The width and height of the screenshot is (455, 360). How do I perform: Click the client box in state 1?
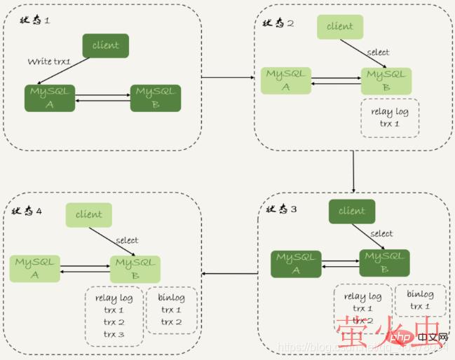pos(106,46)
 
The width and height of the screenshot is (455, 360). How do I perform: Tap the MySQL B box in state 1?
pos(156,98)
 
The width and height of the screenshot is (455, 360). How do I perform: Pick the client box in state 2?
pos(340,27)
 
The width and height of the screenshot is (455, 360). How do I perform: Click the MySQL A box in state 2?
pos(286,81)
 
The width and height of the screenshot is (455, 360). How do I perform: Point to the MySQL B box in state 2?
pos(386,81)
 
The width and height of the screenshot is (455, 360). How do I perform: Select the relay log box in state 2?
pos(390,117)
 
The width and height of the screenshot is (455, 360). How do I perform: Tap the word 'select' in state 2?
pos(378,52)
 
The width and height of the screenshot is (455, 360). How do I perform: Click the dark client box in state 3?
pos(352,211)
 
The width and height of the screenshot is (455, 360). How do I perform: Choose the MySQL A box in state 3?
pos(296,263)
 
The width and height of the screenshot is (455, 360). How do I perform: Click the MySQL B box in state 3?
pos(385,263)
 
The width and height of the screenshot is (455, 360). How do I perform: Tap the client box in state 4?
pos(89,215)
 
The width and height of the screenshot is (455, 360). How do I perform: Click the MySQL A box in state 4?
pos(35,269)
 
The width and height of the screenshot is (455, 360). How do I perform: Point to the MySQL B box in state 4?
pos(135,269)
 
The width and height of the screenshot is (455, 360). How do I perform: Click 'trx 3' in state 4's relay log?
pos(114,333)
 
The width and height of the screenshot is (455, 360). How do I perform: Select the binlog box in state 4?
pos(172,310)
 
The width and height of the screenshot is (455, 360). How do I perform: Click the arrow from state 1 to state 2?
pos(228,77)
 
